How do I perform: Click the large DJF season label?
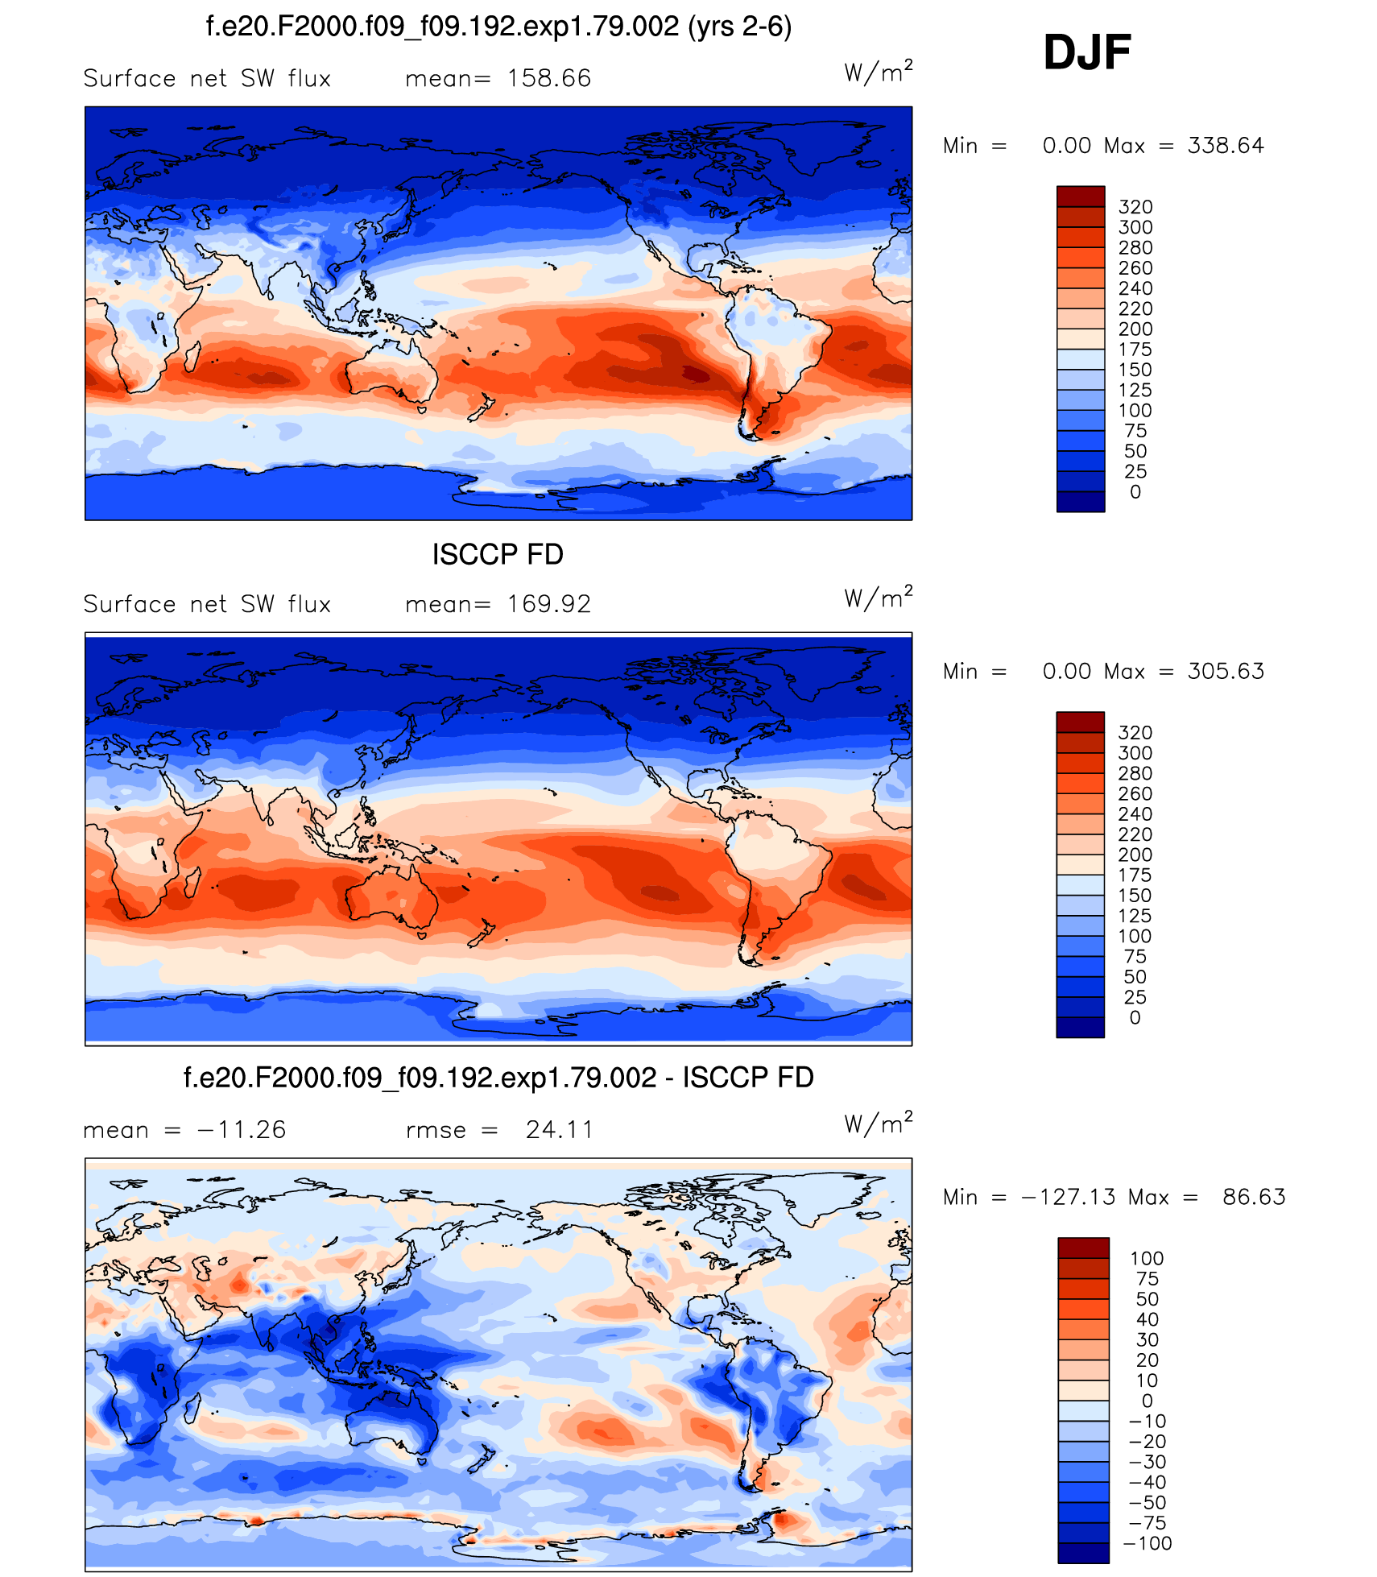(1086, 52)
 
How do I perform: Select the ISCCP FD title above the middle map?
(498, 554)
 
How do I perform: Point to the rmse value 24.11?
(559, 1130)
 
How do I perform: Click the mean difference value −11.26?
(241, 1130)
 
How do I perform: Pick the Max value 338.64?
(1225, 146)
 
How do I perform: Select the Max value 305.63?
(1225, 672)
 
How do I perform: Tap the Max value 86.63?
(1253, 1197)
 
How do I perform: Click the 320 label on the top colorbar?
(1135, 207)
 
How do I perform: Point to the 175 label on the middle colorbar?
(1135, 875)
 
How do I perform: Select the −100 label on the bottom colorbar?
(1147, 1543)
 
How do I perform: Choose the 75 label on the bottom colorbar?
(1147, 1279)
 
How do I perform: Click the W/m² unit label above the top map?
(878, 72)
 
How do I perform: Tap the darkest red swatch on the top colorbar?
(1081, 197)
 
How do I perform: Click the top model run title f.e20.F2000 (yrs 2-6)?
(498, 27)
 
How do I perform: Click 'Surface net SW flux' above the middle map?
(207, 604)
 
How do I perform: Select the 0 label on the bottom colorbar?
(1147, 1401)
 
